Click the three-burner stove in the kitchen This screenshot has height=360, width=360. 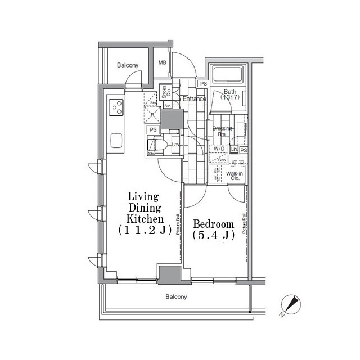(116, 106)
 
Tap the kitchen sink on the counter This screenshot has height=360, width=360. (116, 140)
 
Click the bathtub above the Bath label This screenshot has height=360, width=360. (228, 75)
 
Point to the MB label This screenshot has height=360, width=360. (162, 63)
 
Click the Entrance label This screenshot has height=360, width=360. (195, 99)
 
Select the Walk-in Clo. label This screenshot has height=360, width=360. (235, 177)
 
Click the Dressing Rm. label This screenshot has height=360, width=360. (222, 131)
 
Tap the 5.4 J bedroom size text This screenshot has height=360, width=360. (213, 235)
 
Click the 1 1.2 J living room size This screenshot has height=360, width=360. (145, 229)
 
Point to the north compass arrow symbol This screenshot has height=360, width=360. (291, 305)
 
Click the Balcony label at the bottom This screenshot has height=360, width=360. (176, 296)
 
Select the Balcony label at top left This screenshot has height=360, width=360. (127, 66)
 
